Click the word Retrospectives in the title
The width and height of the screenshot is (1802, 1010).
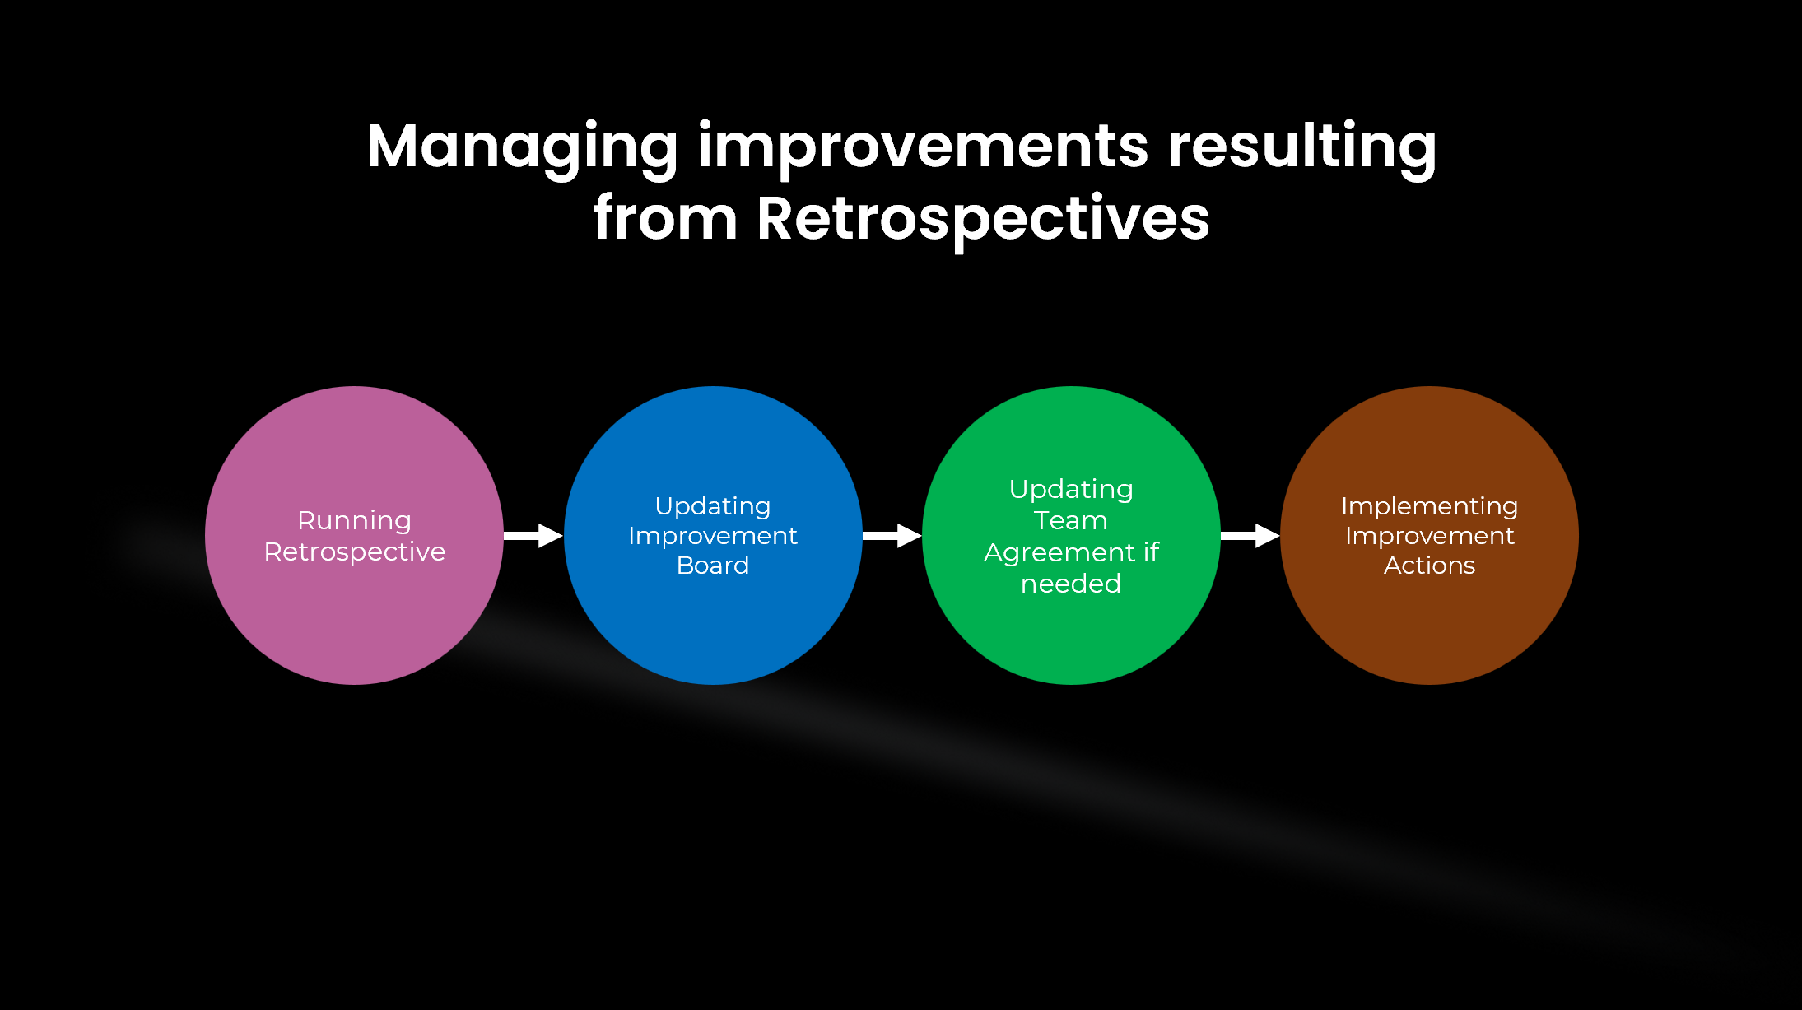coord(983,219)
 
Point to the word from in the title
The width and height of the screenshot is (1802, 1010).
coord(665,219)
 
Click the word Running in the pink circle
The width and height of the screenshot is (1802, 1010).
coord(354,520)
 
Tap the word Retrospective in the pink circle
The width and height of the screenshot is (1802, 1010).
coord(354,552)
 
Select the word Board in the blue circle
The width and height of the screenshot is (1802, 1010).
coord(713,566)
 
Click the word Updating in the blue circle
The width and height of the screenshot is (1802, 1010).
coord(713,505)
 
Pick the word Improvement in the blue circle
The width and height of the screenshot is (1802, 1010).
coord(713,536)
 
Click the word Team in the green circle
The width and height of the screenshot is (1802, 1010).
coord(1070,520)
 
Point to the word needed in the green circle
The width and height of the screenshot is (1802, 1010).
coord(1070,584)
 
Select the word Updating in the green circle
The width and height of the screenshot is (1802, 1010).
coord(1070,489)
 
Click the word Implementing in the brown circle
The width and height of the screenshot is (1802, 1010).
coord(1429,505)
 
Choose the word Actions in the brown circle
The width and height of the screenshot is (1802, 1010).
coord(1429,566)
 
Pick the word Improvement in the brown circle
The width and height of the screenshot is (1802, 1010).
coord(1429,536)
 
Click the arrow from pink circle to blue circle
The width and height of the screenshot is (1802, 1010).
coord(533,536)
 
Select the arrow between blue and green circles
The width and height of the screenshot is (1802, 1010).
coord(892,536)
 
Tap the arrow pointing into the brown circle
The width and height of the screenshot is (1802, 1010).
coord(1250,536)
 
